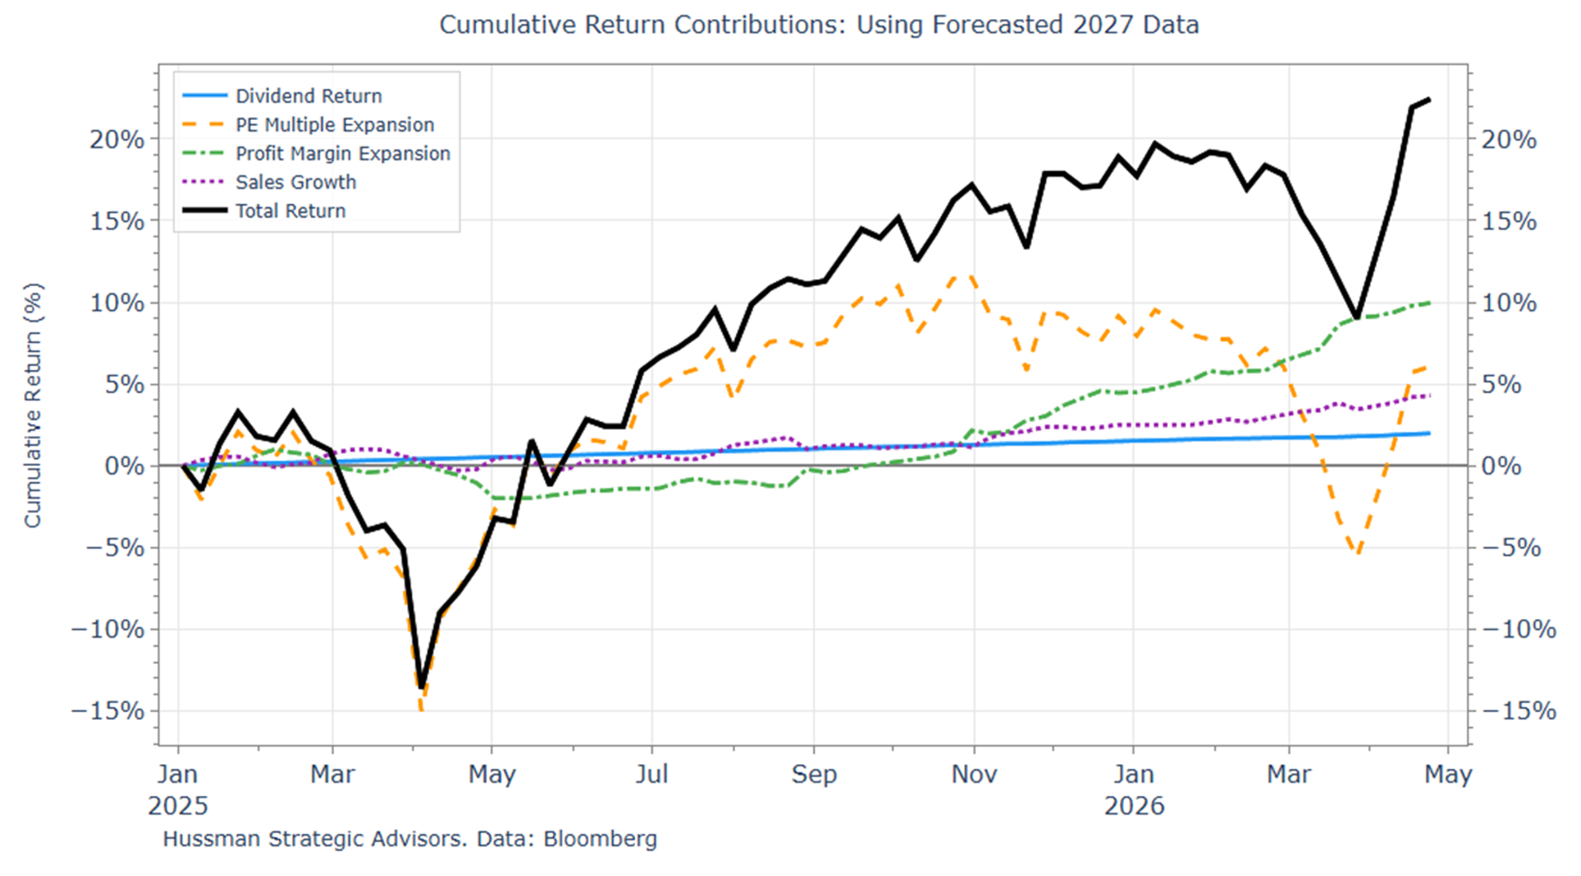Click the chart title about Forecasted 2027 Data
(x=818, y=25)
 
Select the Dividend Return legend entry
(x=308, y=96)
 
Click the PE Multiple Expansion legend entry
(x=334, y=125)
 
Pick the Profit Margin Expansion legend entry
(x=342, y=153)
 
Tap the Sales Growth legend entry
(x=295, y=182)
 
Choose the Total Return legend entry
(x=290, y=211)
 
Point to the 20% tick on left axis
(x=117, y=140)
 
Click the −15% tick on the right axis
(x=1518, y=711)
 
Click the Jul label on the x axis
(x=651, y=774)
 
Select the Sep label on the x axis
(x=813, y=774)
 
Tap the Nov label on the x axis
(x=973, y=774)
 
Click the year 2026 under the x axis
(x=1134, y=806)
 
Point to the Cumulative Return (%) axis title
(x=33, y=405)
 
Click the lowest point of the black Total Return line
(x=422, y=686)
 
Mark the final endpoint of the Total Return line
(x=1429, y=100)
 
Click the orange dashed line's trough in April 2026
(x=1357, y=552)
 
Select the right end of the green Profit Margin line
(x=1429, y=303)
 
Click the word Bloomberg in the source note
(x=600, y=839)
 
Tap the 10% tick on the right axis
(x=1508, y=303)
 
